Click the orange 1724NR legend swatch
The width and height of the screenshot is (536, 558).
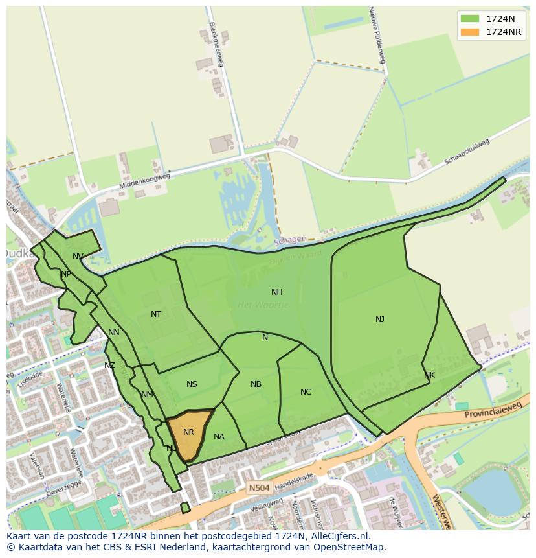coord(470,32)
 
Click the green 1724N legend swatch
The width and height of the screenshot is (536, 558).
coord(470,18)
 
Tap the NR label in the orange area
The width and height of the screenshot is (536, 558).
coord(188,432)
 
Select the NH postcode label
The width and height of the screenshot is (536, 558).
coord(276,292)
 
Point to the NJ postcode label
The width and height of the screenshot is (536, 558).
coord(380,319)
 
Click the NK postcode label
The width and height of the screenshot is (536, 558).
coord(429,375)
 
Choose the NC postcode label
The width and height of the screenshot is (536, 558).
coord(306,392)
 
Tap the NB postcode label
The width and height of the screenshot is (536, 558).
coord(256,384)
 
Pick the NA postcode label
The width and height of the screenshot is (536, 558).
coord(219,437)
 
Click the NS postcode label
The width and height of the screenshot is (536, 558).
coord(192,384)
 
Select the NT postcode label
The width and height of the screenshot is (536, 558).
coord(156,314)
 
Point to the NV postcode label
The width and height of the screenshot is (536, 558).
coord(78,257)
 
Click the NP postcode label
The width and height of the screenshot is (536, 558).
coord(66,274)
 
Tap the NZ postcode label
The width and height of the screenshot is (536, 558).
coord(109,366)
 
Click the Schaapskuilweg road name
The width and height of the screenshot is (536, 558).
coord(467,151)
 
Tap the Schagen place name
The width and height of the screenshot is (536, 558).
coord(289,240)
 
